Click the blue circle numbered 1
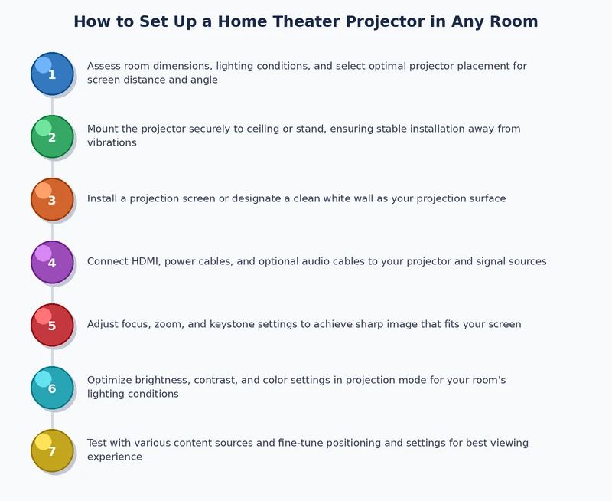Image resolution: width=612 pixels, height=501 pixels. [52, 74]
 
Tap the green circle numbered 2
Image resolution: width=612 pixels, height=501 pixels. [52, 136]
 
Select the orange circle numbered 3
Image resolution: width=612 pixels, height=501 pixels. [52, 199]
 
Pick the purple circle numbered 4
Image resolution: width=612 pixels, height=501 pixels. [52, 262]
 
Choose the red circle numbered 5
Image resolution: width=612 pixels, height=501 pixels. [52, 325]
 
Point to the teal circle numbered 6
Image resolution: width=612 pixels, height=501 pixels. [52, 388]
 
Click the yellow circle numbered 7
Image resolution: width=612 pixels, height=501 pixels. [52, 450]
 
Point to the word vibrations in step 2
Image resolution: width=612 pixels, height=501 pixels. [112, 143]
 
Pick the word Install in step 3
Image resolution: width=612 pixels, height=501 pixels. [103, 199]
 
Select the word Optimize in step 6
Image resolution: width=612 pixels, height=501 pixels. [109, 381]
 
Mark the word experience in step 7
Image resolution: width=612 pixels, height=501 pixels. [115, 457]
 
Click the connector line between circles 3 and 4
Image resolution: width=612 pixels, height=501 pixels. [52, 231]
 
